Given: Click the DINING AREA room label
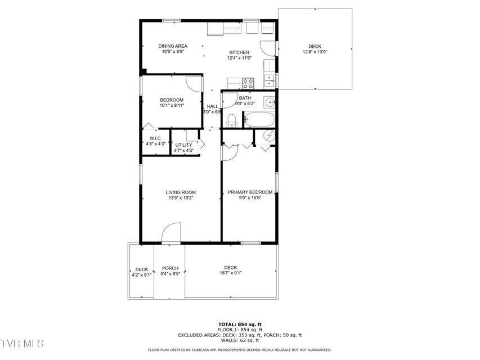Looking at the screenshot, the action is tap(173, 46).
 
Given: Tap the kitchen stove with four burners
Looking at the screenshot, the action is tap(248, 84).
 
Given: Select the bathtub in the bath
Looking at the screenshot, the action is tap(259, 119).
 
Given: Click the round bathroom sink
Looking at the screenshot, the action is tap(270, 102).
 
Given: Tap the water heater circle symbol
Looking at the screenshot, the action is tap(270, 135).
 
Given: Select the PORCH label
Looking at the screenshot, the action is tap(170, 268).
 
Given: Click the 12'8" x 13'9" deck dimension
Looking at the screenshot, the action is tap(315, 52).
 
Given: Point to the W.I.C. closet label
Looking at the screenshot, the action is tap(155, 138).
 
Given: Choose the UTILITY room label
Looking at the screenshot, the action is tap(183, 145).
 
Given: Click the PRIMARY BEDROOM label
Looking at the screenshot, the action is tap(250, 192).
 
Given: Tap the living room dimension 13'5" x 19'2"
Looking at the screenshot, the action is tap(181, 198).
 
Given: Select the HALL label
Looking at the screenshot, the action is tap(213, 106).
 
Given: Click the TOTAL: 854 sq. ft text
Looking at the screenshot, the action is tap(240, 325).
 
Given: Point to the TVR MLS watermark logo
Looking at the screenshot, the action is tap(22, 344).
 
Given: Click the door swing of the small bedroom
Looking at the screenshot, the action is tap(194, 84).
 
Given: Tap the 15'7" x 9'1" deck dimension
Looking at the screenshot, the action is tap(231, 273).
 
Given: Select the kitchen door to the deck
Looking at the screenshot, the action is tap(268, 48).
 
